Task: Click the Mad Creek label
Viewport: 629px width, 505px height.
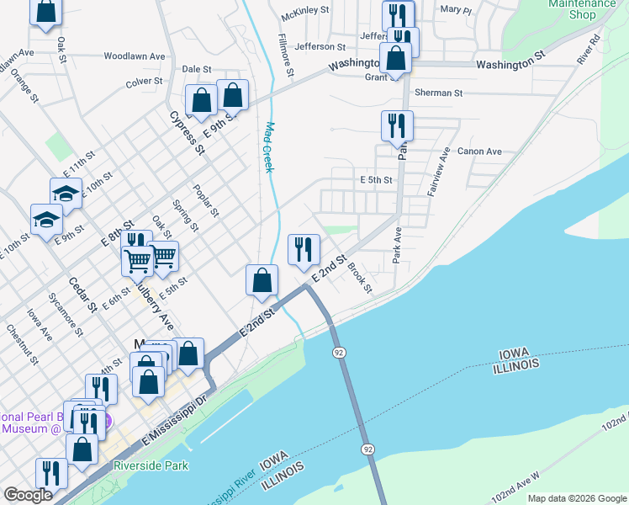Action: pos(270,147)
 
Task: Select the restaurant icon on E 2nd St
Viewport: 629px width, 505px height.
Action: pos(304,250)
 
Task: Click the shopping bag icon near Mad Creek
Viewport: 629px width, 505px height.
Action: pos(262,281)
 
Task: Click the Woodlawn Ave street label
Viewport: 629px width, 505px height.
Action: pos(135,56)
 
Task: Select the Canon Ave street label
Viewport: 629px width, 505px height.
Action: pos(479,151)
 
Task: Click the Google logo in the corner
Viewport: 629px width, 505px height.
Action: pos(28,495)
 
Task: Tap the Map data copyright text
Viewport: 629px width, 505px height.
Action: pos(578,498)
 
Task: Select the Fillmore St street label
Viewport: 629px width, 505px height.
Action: pos(287,56)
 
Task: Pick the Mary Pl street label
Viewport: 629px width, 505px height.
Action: pos(456,10)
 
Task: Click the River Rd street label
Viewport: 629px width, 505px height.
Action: pos(588,50)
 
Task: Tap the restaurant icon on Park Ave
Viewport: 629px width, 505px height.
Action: pos(397,126)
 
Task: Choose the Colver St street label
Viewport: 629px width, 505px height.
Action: pos(144,82)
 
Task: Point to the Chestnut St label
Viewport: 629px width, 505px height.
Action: pos(21,345)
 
